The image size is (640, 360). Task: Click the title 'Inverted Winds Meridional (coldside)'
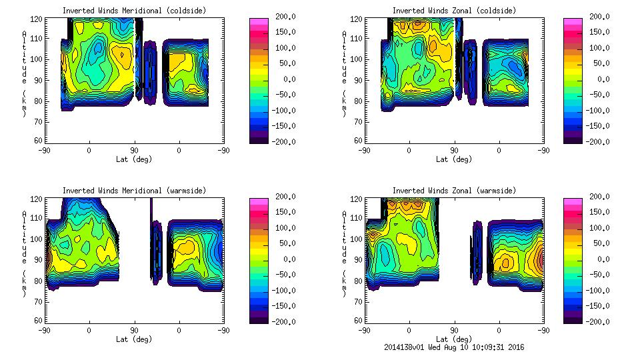[x=134, y=11]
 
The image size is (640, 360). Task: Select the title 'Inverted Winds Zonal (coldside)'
[x=454, y=11]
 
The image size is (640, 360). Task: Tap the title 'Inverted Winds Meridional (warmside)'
[x=134, y=191]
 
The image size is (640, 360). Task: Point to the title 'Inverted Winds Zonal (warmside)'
[x=454, y=191]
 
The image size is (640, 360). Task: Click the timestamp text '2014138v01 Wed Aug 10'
[x=434, y=347]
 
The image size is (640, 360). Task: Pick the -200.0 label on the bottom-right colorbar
[x=596, y=322]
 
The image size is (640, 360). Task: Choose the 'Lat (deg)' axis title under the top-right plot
[x=454, y=159]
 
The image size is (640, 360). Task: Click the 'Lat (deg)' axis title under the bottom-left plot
[x=134, y=339]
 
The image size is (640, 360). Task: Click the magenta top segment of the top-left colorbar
[x=258, y=22]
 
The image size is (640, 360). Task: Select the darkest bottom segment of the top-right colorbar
[x=573, y=139]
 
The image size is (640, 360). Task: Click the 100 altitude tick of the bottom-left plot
[x=38, y=239]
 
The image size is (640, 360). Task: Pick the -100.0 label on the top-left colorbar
[x=279, y=111]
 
